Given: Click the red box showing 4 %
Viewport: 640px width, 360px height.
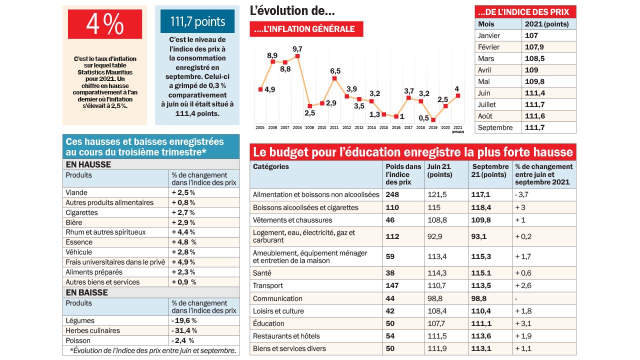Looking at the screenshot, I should tap(105, 24).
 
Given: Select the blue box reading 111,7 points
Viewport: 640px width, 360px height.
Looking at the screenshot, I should tap(197, 21).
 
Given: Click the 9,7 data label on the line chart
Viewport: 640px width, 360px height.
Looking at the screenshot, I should tap(297, 48).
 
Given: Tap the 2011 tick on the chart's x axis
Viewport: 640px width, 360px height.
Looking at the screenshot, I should tap(334, 128).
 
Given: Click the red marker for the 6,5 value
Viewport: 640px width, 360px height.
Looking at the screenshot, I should tap(334, 78).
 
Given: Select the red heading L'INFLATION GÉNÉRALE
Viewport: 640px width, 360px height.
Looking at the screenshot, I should tap(306, 29).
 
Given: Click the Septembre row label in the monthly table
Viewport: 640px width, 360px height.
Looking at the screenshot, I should tap(495, 127).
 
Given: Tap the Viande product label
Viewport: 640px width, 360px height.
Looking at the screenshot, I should tap(76, 192).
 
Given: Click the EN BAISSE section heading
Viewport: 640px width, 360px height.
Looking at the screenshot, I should tap(86, 292).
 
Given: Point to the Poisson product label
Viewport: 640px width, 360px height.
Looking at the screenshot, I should tap(78, 340).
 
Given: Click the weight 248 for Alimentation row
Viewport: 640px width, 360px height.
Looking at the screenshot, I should tap(392, 194).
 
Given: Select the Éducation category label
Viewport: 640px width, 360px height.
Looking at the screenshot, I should tap(268, 323).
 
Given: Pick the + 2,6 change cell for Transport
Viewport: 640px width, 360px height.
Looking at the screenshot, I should tap(523, 285).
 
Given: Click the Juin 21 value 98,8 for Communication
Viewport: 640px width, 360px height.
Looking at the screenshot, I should tap(435, 298).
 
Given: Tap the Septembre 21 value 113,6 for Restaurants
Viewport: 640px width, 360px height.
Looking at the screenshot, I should tap(481, 336).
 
